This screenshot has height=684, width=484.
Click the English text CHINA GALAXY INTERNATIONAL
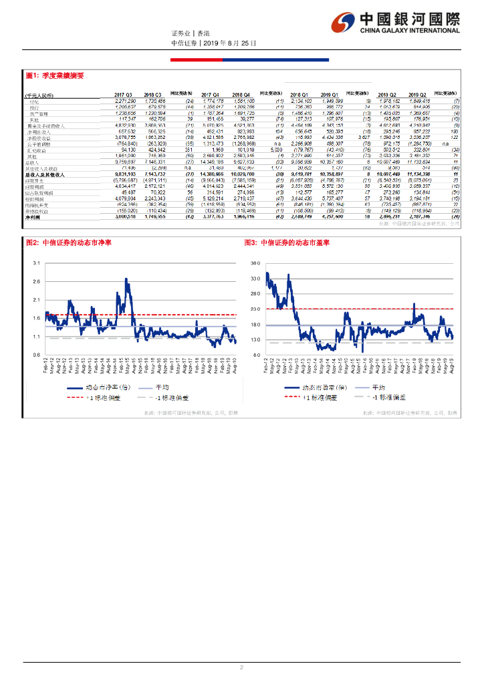410,30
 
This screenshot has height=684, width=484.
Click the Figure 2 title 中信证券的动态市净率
80,242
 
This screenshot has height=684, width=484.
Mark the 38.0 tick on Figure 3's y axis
255,264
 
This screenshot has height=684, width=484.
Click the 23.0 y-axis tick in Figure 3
255,309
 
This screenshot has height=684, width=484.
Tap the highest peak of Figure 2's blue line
126,278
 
